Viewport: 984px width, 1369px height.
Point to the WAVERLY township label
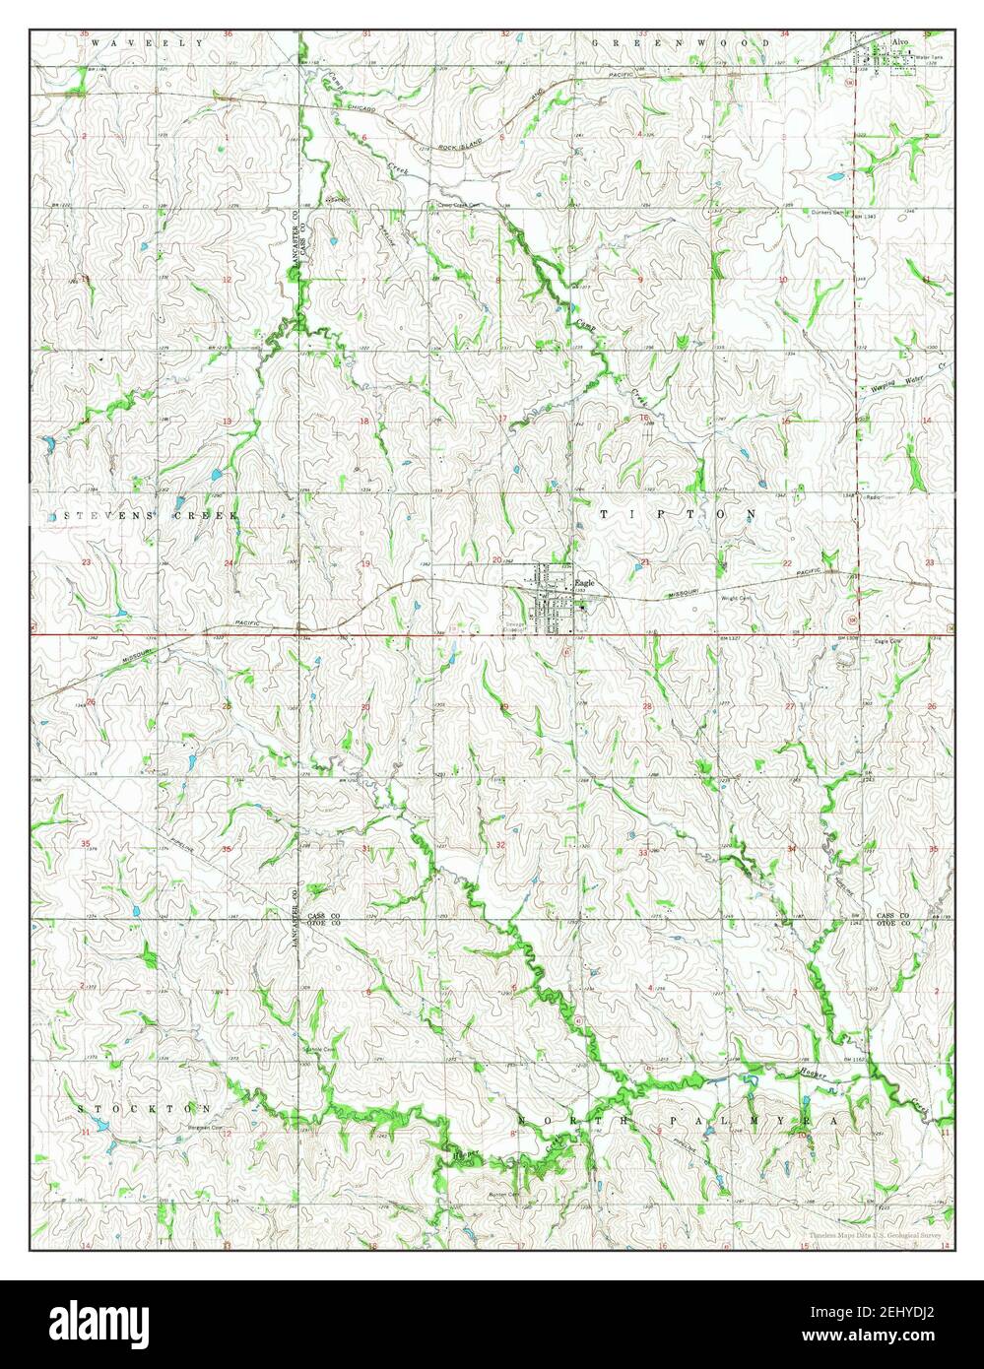point(147,43)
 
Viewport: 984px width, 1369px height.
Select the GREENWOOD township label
point(682,43)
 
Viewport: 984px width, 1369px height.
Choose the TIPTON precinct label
point(678,514)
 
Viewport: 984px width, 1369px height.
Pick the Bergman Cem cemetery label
point(201,1128)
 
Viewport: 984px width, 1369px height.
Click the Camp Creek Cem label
point(455,206)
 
